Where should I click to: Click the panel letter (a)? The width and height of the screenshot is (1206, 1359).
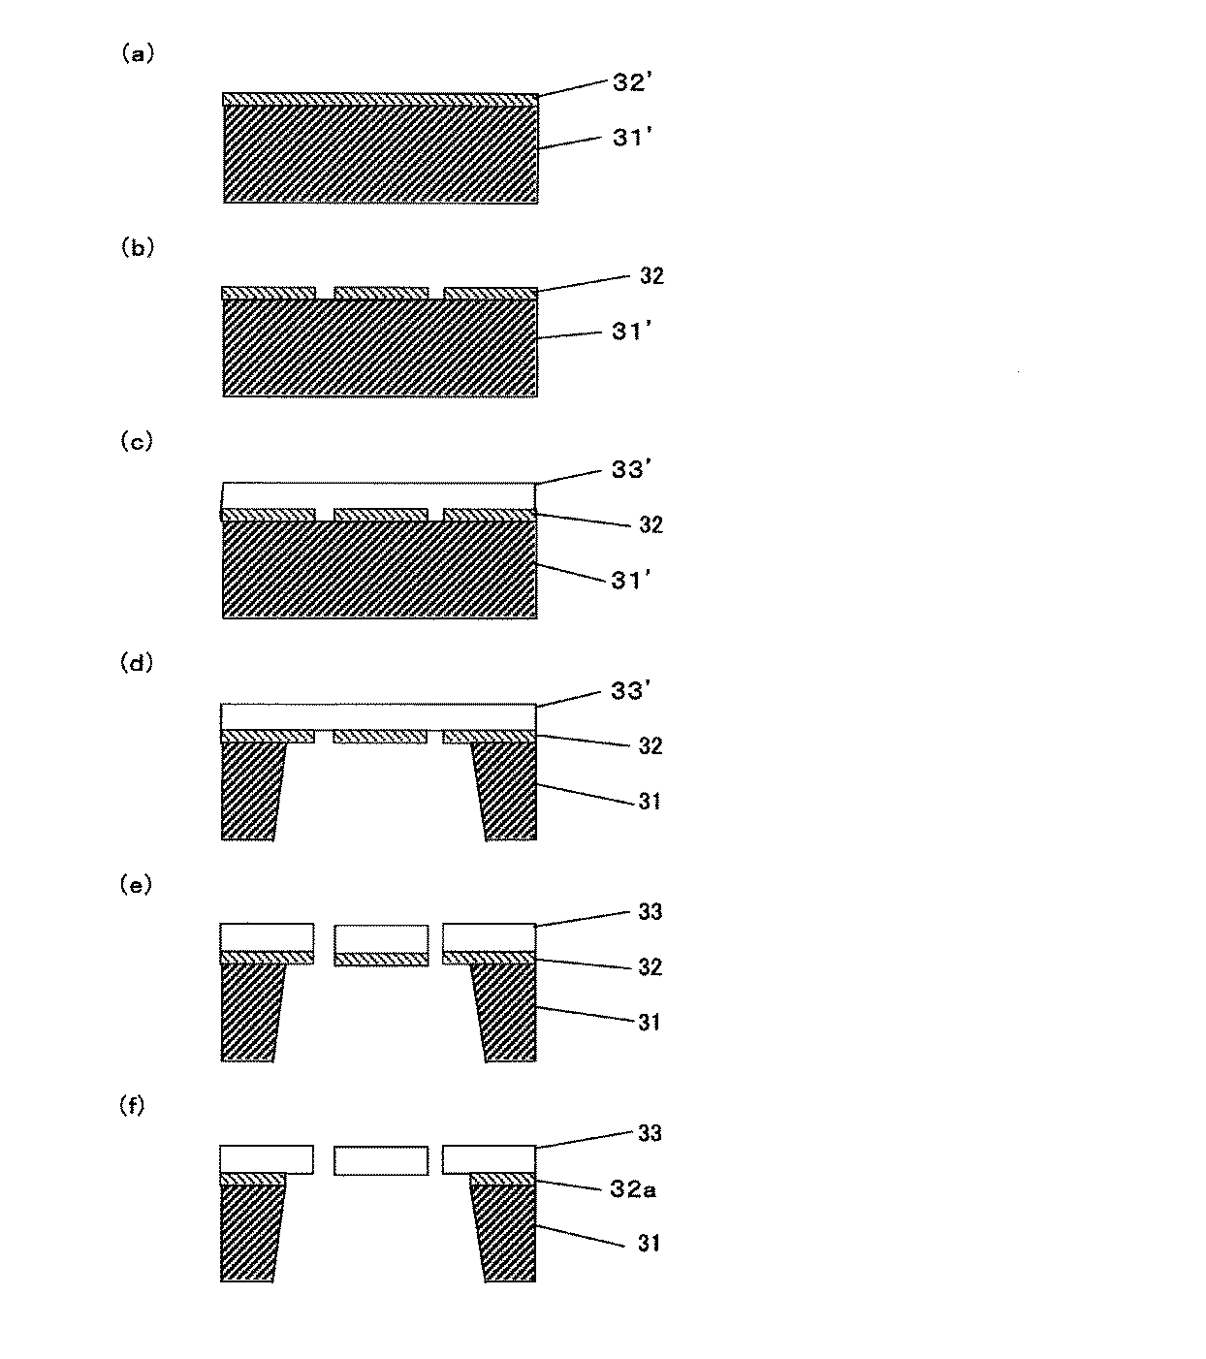click(136, 55)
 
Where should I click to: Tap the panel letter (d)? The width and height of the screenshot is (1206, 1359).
click(136, 664)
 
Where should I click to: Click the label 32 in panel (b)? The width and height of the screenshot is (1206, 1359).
click(651, 276)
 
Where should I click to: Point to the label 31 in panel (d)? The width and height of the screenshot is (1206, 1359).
click(650, 802)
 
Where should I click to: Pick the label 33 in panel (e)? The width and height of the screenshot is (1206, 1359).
click(650, 912)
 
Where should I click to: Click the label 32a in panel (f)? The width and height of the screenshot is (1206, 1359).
click(633, 1189)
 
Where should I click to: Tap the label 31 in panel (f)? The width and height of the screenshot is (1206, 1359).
click(650, 1243)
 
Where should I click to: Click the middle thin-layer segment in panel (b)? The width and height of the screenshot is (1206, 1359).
click(381, 293)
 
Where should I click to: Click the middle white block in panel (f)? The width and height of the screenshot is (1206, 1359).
click(381, 1160)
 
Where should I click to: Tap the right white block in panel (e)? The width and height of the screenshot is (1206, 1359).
click(490, 937)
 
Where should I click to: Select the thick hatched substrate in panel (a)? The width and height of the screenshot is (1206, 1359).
click(380, 153)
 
